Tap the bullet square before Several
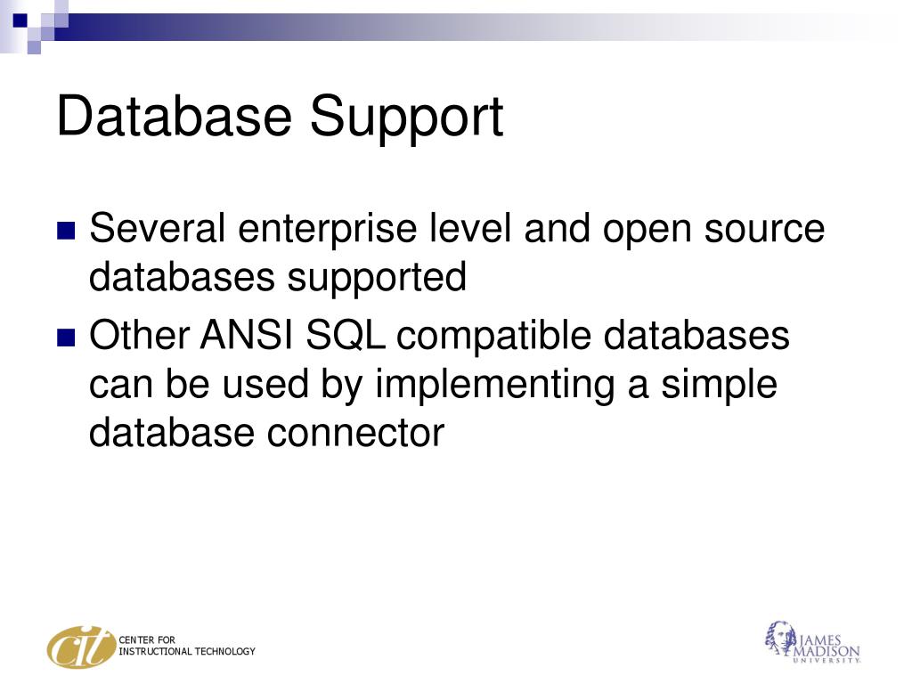click(66, 232)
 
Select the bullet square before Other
click(66, 338)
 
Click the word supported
click(376, 278)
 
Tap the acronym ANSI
click(248, 337)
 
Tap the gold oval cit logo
click(81, 647)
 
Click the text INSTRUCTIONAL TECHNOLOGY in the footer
click(187, 652)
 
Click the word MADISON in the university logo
click(828, 649)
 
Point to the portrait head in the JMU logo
click(778, 636)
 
